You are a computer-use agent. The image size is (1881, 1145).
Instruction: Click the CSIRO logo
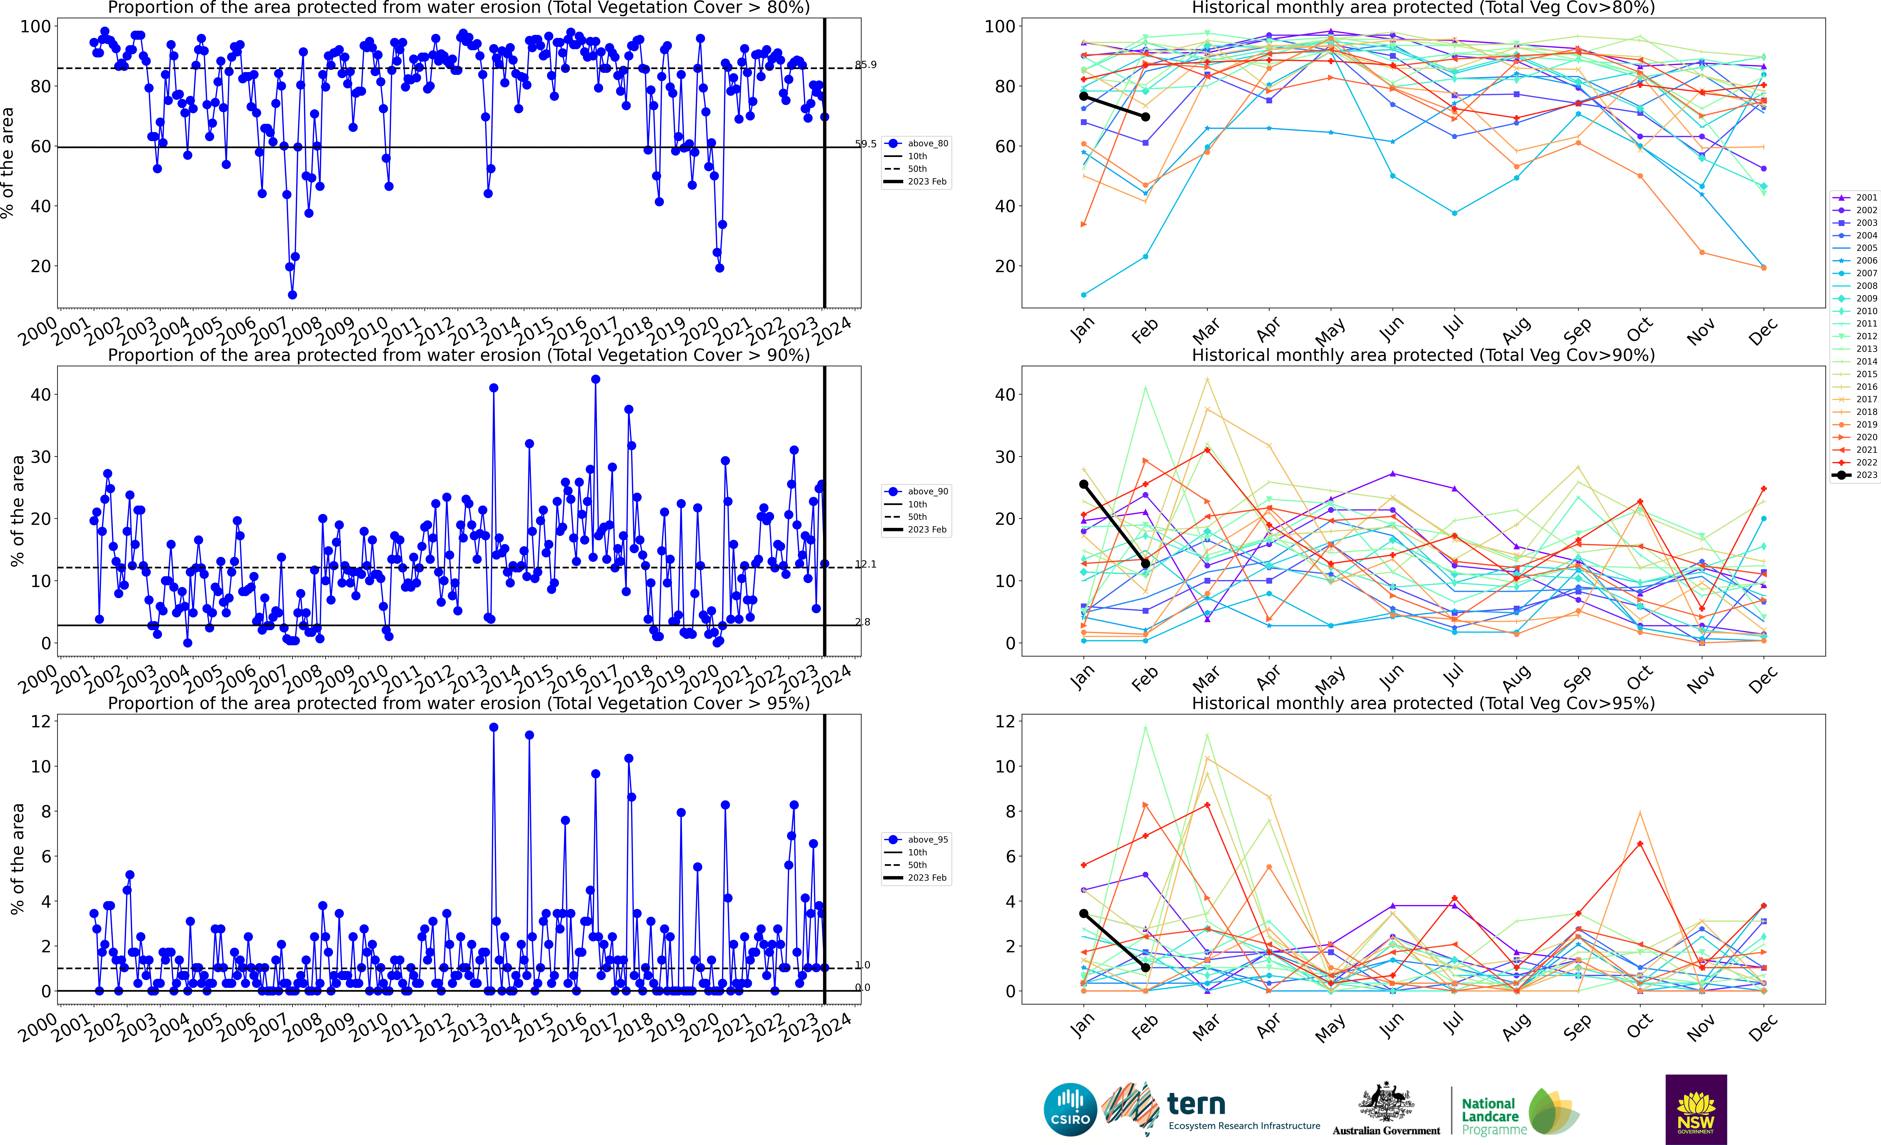(1070, 1109)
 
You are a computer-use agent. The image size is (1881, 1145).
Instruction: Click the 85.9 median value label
(866, 65)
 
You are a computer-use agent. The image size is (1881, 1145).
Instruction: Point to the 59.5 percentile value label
(866, 144)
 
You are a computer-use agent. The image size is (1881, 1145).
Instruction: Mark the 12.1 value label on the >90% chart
(866, 564)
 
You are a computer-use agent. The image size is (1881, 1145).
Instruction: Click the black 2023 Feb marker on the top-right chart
(1145, 117)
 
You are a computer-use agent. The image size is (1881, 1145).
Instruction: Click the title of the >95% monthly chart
(1423, 703)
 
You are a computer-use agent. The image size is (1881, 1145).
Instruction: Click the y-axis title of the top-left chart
(8, 163)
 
